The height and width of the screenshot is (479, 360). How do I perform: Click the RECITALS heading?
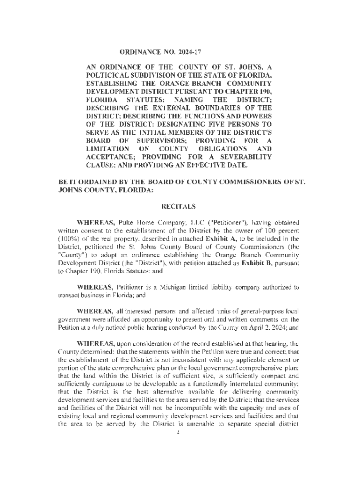point(180,205)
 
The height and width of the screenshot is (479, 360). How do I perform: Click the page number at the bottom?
point(180,433)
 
